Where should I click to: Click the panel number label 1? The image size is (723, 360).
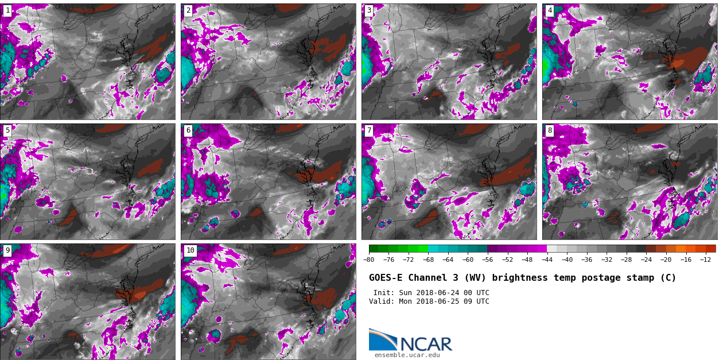click(x=7, y=10)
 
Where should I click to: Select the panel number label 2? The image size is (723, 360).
click(x=188, y=10)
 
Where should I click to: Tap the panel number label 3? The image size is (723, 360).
click(x=369, y=10)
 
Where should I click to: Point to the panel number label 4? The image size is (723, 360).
click(x=550, y=10)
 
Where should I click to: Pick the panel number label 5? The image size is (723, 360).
click(x=7, y=130)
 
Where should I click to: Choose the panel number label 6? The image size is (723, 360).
click(x=188, y=130)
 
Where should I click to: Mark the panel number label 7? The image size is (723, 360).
click(x=369, y=130)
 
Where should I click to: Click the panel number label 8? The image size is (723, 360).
click(x=550, y=130)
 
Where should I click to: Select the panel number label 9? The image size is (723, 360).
click(x=7, y=250)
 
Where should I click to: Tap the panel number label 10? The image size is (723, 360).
click(x=190, y=250)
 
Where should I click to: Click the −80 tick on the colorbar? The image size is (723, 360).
click(x=368, y=260)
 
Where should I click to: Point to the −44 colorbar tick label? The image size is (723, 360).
click(x=546, y=260)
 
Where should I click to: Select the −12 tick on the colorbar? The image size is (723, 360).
click(x=705, y=260)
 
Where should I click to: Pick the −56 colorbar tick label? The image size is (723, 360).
click(x=487, y=260)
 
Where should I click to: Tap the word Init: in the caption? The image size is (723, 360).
click(x=384, y=293)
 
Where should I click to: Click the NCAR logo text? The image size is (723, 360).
click(x=426, y=344)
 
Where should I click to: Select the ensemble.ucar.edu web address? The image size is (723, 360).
click(x=407, y=355)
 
